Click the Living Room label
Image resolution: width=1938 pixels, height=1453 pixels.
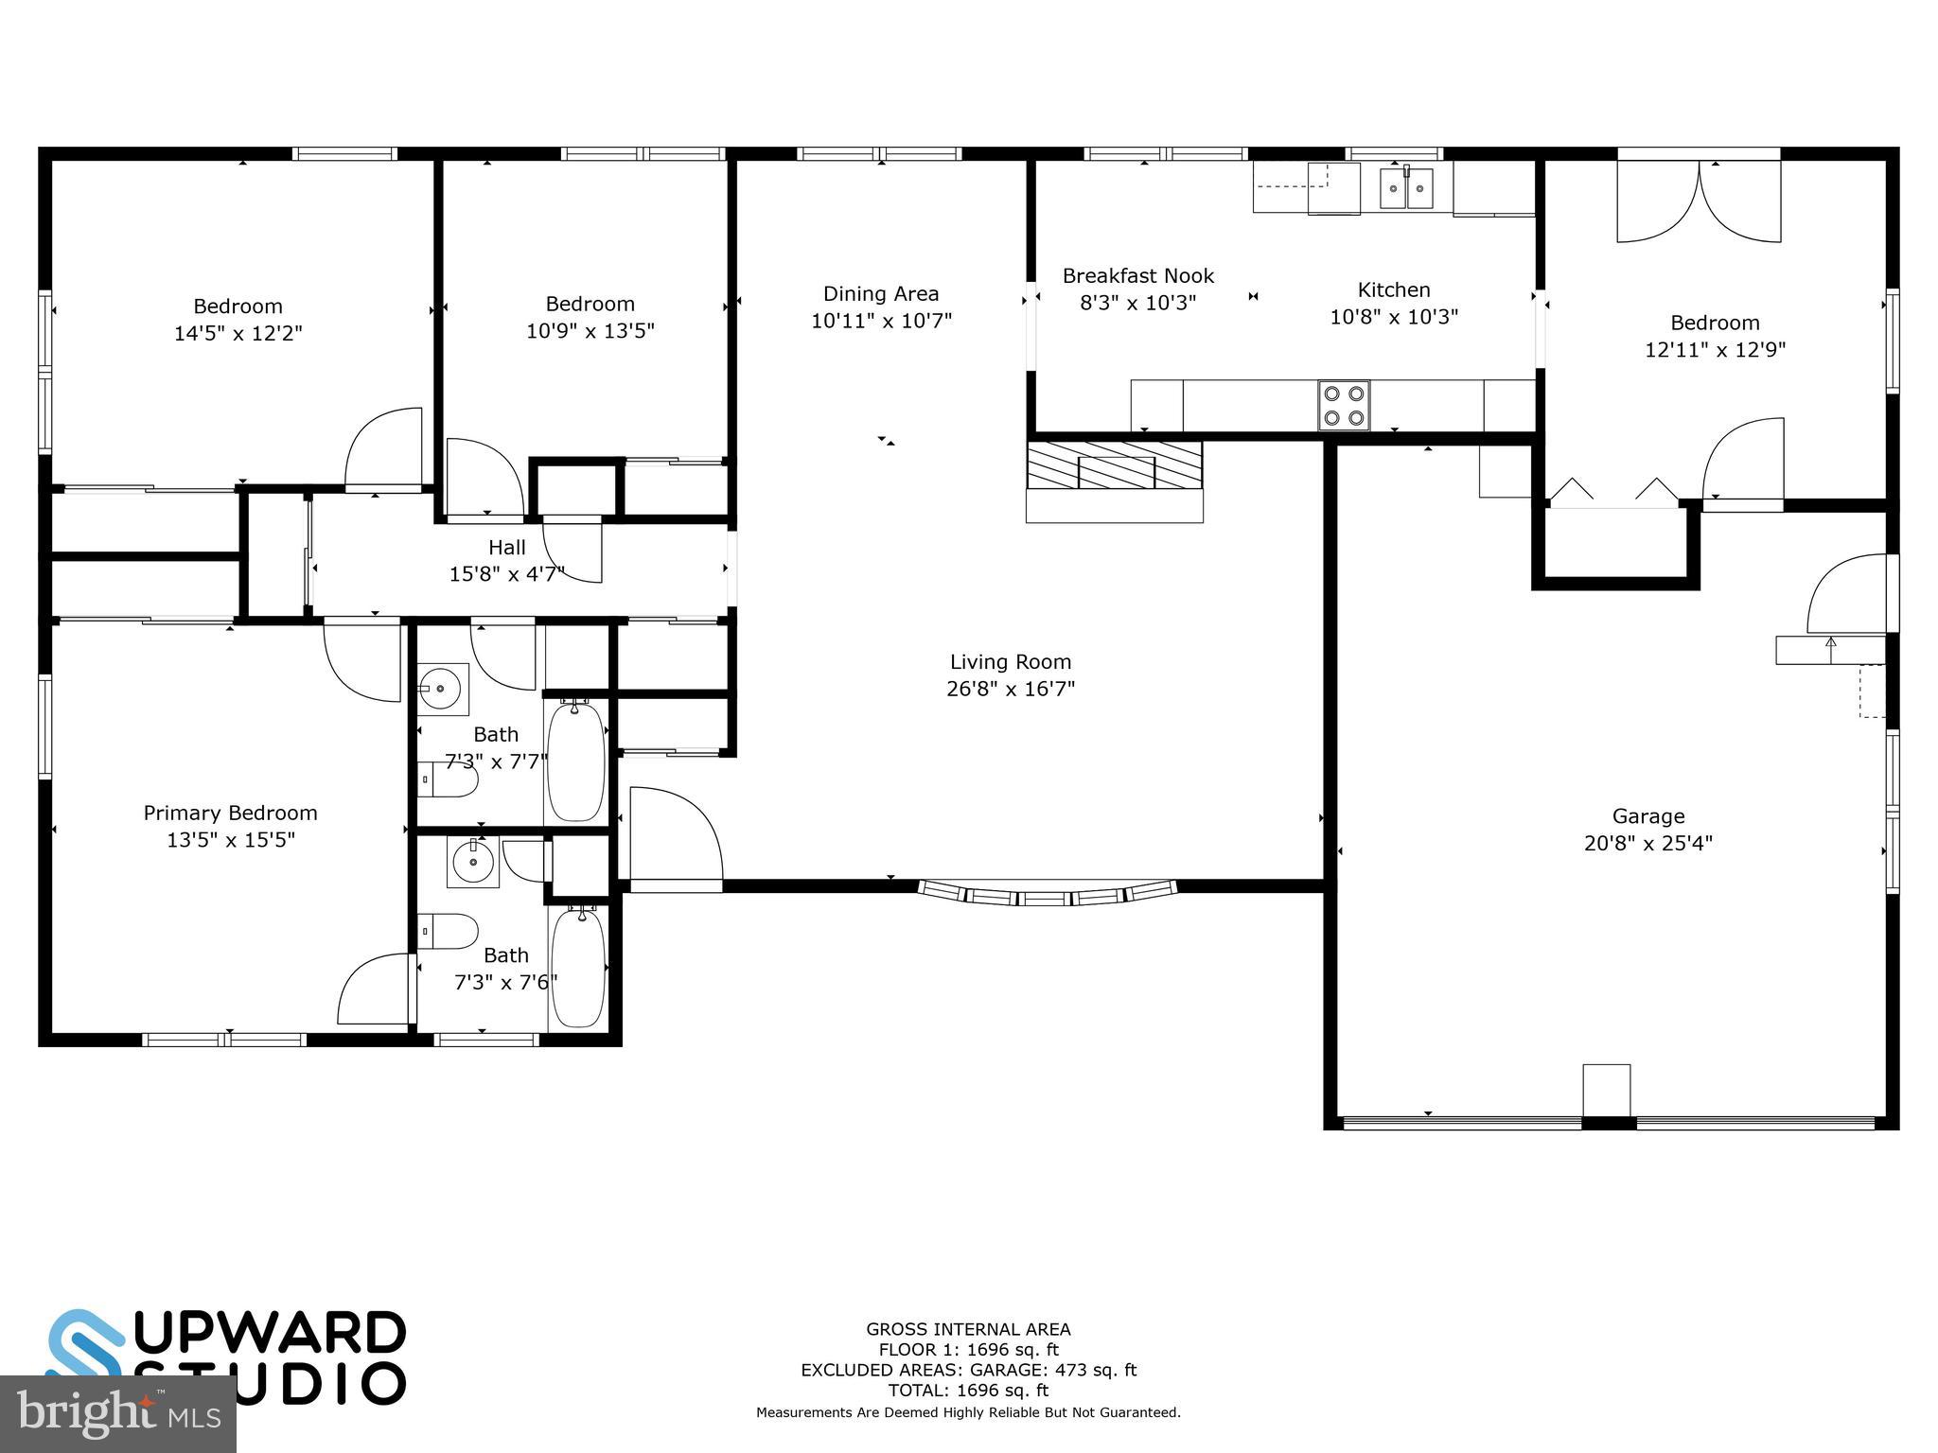point(1011,662)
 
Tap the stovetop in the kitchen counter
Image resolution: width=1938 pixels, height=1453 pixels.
point(1344,405)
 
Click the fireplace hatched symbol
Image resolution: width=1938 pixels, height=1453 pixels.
point(1115,465)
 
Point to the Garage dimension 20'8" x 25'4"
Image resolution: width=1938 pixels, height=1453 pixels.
point(1648,843)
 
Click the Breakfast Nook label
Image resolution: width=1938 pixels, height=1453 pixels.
point(1138,276)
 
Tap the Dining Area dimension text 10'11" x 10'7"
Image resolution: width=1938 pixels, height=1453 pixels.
point(881,321)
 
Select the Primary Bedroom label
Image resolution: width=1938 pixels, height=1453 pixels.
point(230,813)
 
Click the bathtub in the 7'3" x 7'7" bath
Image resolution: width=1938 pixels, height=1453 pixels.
point(575,762)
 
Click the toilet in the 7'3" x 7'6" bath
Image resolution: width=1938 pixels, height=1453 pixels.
point(449,931)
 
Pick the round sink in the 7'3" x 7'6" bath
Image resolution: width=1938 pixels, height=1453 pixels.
point(472,862)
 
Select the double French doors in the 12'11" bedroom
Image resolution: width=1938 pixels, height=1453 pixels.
point(1700,201)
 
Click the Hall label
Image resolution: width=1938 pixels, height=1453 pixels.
point(507,548)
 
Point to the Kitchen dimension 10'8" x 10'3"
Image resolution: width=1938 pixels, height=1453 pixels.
point(1394,317)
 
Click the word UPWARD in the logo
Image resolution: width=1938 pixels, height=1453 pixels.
point(274,1334)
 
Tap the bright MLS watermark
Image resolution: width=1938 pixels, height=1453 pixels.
point(117,1413)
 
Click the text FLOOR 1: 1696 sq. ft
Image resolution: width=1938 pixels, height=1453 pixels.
point(968,1350)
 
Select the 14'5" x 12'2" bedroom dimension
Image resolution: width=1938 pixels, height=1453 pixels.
point(238,333)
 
